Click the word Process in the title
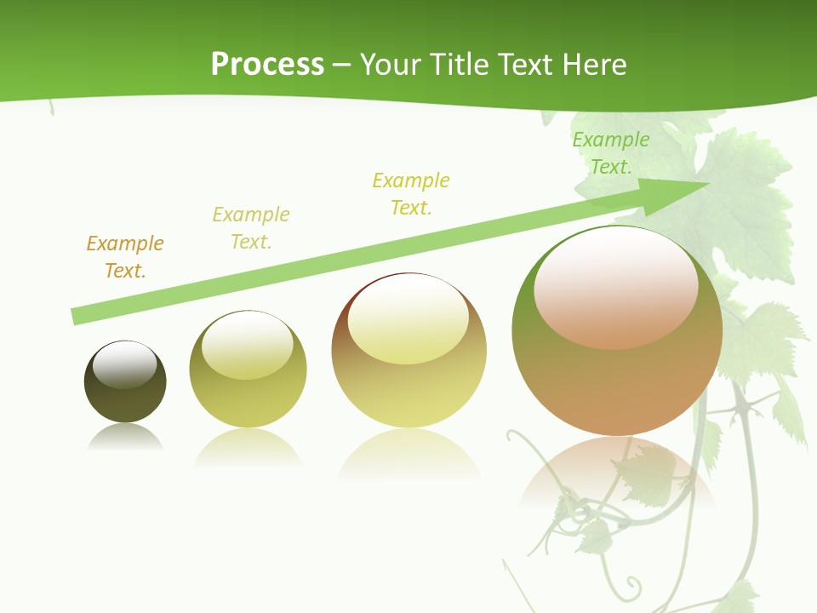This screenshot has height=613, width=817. [x=267, y=64]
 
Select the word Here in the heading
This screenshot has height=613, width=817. [x=595, y=64]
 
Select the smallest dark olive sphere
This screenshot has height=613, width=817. [x=125, y=381]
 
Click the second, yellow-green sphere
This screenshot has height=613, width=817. [x=248, y=370]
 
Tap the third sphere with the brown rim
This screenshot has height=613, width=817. [x=409, y=350]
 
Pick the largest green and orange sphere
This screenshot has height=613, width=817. [x=617, y=330]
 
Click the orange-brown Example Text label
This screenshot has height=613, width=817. [x=125, y=257]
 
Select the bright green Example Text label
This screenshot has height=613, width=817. [x=610, y=153]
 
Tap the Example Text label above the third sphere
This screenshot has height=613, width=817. [x=411, y=193]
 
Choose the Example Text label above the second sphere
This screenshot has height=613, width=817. [x=251, y=227]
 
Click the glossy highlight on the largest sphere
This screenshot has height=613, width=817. [x=616, y=286]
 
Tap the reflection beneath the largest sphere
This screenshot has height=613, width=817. [x=617, y=477]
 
